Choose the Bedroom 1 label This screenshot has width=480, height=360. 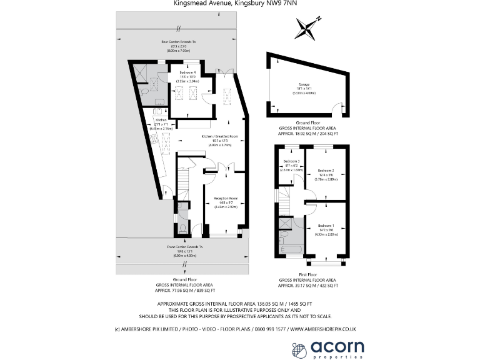tap(327, 225)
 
